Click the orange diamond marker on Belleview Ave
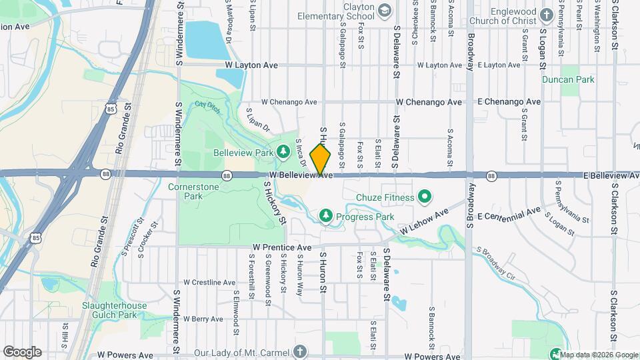point(320,160)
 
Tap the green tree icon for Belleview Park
point(283,153)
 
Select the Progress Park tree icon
point(325,215)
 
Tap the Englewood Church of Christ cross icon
point(547,14)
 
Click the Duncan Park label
point(577,79)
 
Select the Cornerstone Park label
point(193,192)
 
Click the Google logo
point(22,351)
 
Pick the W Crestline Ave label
point(209,282)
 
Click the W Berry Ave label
point(203,319)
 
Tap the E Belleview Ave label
point(611,175)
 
